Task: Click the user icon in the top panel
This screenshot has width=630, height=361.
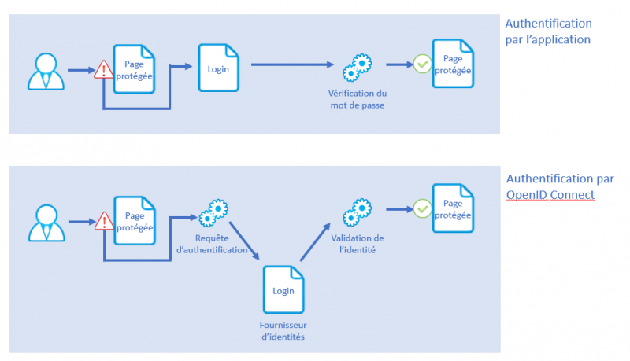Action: [x=46, y=70]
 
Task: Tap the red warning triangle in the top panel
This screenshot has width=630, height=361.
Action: [x=104, y=70]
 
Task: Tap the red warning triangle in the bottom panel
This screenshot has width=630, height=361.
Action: [x=104, y=221]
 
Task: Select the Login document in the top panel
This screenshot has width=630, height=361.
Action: [x=218, y=69]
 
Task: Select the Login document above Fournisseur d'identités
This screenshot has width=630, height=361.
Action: [x=283, y=289]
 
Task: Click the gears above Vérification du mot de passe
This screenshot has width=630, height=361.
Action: [x=357, y=68]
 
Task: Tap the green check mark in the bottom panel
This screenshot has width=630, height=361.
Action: [x=423, y=208]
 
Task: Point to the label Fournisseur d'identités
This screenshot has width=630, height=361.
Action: [x=283, y=330]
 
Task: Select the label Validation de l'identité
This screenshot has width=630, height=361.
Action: [x=357, y=244]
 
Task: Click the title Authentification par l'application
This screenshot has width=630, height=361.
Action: [x=548, y=31]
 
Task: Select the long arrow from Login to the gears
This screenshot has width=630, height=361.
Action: [x=291, y=67]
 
